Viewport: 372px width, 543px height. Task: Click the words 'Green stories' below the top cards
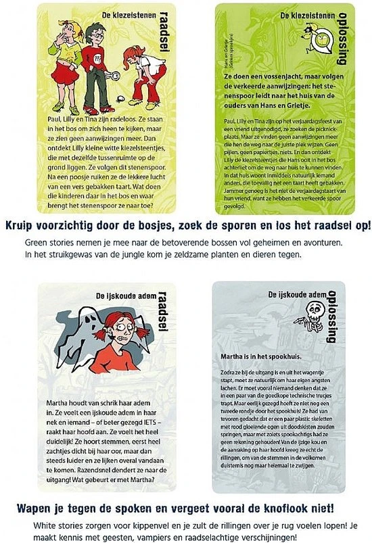tap(49, 241)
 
